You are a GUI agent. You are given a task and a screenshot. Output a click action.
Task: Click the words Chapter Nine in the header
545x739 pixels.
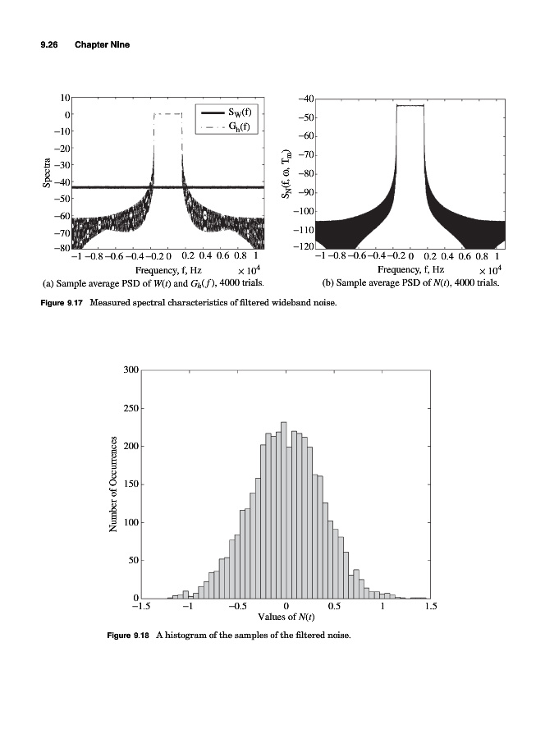tap(103, 44)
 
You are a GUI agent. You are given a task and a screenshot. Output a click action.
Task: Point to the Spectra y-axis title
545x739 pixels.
tap(47, 172)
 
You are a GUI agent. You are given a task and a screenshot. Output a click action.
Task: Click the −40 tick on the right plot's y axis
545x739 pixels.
tap(305, 99)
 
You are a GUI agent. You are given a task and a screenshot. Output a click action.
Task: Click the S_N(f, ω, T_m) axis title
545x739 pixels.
tap(286, 174)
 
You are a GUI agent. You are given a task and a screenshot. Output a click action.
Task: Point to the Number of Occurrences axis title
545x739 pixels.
tap(116, 484)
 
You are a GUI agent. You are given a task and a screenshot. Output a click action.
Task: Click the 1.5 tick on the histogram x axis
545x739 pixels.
tap(430, 607)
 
